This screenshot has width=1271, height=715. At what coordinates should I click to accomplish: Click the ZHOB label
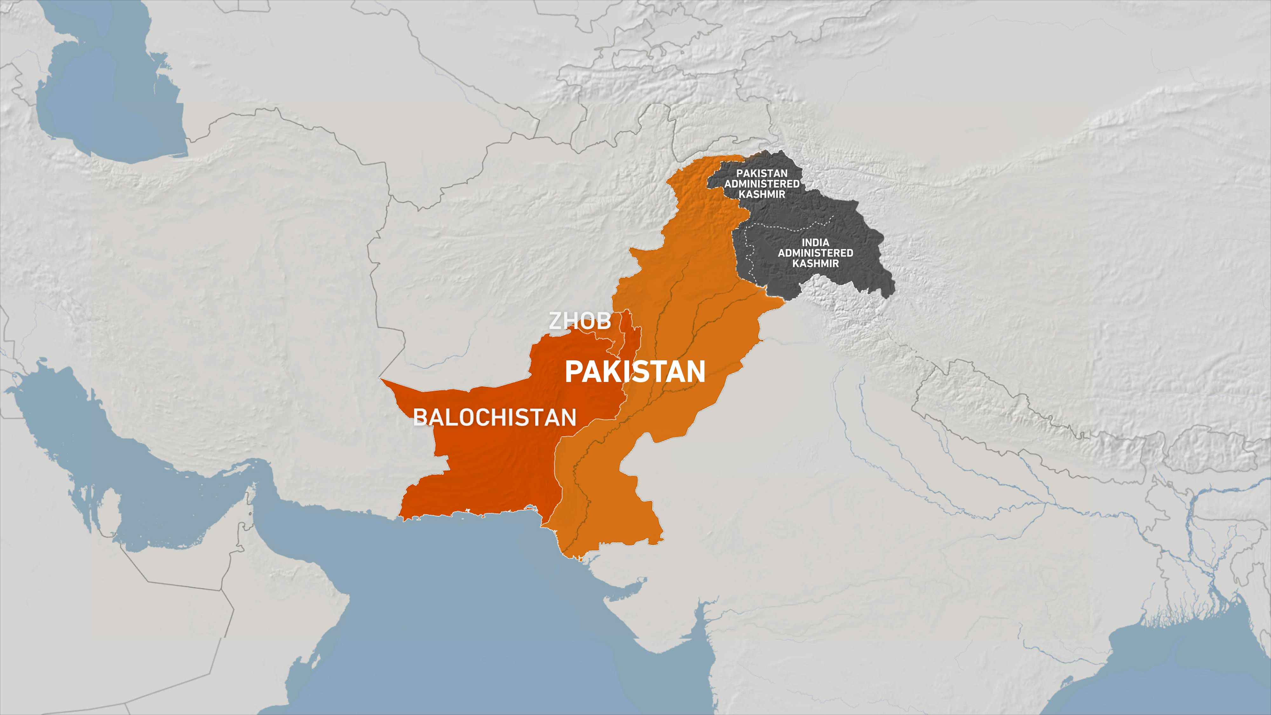580,321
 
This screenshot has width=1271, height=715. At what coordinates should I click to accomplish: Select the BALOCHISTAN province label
494,418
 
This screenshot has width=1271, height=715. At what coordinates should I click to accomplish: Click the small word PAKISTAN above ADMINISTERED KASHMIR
762,173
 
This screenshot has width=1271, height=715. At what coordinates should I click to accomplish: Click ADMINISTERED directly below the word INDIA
815,253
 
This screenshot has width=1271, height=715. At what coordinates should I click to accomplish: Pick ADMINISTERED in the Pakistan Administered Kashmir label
762,184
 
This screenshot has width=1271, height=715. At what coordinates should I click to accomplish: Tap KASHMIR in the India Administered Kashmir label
815,263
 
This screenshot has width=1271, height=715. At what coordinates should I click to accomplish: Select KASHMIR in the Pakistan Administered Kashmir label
762,194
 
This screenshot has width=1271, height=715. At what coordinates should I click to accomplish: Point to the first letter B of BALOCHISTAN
420,418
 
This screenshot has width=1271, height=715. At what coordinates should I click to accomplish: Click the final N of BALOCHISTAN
568,418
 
